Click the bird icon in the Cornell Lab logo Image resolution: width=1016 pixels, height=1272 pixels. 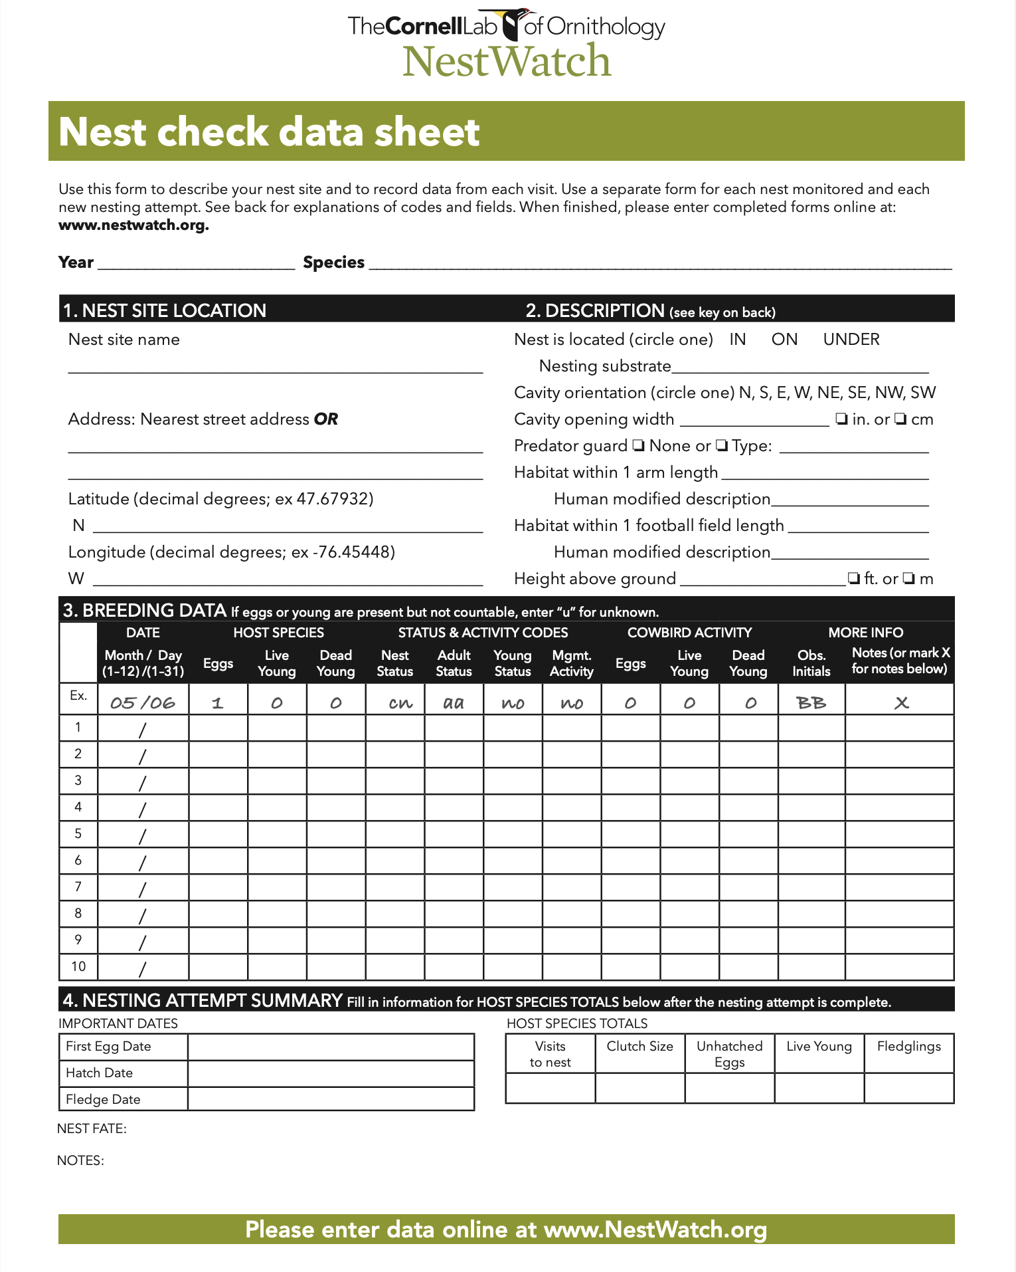(512, 25)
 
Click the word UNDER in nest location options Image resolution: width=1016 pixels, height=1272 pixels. (851, 340)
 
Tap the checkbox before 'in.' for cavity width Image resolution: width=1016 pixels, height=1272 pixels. (841, 419)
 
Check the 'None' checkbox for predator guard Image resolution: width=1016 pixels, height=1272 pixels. (638, 446)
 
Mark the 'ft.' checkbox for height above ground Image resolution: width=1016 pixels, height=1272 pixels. (854, 579)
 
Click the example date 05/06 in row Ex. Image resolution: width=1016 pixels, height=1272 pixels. (143, 702)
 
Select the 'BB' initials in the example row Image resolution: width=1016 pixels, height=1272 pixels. (811, 702)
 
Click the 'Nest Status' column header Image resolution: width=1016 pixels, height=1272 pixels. (394, 663)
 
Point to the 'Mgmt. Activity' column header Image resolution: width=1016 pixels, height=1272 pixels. (571, 663)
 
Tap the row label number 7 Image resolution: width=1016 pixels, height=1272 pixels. (78, 887)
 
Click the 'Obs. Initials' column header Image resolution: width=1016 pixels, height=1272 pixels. (811, 663)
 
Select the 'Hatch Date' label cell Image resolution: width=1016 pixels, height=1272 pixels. (100, 1073)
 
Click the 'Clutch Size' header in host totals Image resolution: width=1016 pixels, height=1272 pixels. (639, 1046)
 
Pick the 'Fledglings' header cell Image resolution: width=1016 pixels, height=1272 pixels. (908, 1046)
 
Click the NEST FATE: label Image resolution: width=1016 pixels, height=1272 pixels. (92, 1128)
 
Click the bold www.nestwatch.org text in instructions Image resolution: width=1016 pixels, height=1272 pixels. (133, 225)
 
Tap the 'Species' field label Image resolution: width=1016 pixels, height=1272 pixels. (333, 263)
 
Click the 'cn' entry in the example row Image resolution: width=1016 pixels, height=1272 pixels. (400, 702)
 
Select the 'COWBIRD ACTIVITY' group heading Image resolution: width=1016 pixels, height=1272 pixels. (689, 633)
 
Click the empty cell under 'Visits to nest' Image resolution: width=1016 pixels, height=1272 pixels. (550, 1088)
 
